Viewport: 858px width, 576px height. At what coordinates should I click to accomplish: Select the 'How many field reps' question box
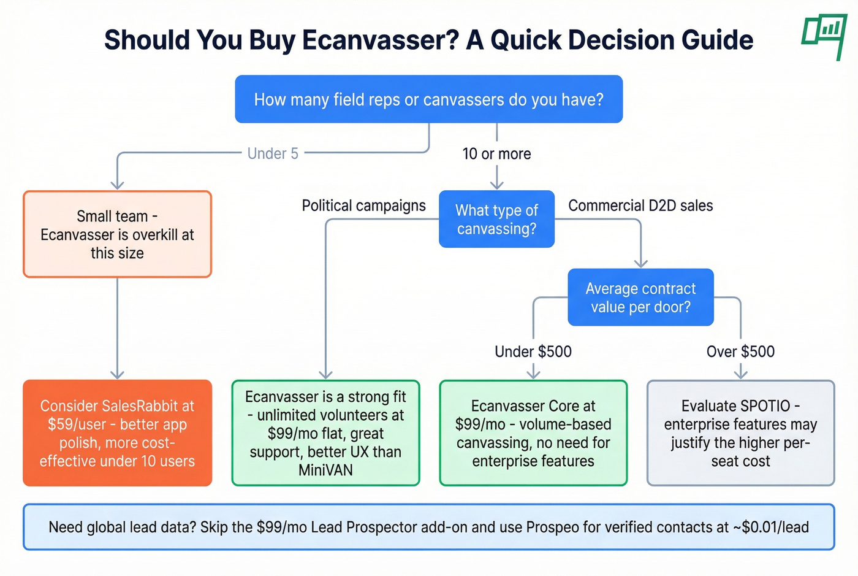pyautogui.click(x=428, y=99)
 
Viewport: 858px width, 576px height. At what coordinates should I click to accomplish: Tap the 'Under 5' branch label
pyautogui.click(x=273, y=153)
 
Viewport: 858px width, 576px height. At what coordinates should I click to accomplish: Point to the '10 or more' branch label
pyautogui.click(x=496, y=154)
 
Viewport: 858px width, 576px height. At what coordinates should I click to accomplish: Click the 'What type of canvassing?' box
pyautogui.click(x=496, y=219)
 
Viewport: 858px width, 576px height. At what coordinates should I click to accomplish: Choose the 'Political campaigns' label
pyautogui.click(x=363, y=205)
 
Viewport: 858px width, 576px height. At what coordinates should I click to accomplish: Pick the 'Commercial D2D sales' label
pyautogui.click(x=640, y=205)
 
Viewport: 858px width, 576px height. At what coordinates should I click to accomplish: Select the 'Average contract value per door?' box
pyautogui.click(x=640, y=297)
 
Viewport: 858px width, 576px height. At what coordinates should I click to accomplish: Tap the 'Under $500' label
pyautogui.click(x=533, y=351)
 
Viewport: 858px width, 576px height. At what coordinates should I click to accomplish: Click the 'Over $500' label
pyautogui.click(x=740, y=351)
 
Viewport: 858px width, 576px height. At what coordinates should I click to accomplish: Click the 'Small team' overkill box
pyautogui.click(x=117, y=234)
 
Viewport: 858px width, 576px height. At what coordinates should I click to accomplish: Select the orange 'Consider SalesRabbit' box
pyautogui.click(x=117, y=433)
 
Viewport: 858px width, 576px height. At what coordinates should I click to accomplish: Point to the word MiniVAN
pyautogui.click(x=325, y=470)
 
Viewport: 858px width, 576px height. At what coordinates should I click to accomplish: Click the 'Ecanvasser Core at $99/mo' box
pyautogui.click(x=533, y=433)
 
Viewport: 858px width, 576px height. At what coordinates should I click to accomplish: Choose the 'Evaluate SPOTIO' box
pyautogui.click(x=740, y=433)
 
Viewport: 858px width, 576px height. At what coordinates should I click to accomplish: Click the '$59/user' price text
pyautogui.click(x=77, y=424)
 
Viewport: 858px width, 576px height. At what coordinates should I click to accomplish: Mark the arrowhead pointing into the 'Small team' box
pyautogui.click(x=117, y=185)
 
